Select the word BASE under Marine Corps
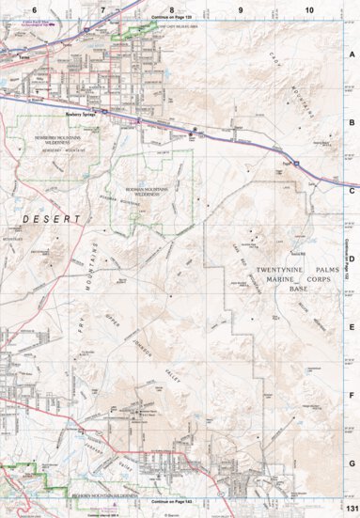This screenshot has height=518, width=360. coord(297,290)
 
